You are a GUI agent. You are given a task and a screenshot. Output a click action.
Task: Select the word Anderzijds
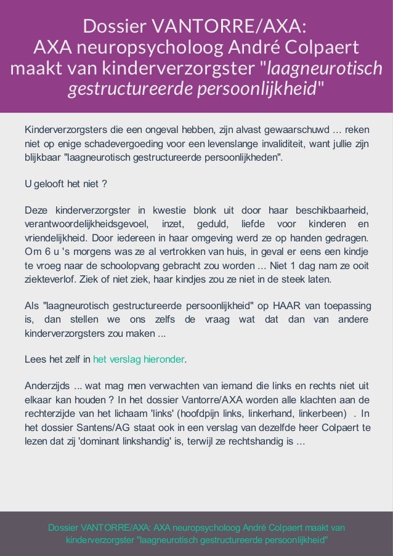[47, 387]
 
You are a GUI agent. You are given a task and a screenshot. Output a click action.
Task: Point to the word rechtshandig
[253, 441]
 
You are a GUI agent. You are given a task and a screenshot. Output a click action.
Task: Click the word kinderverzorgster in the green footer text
[100, 540]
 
